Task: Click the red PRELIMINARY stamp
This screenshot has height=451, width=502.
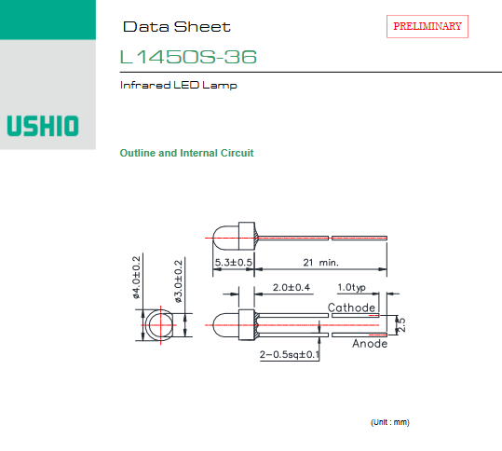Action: (x=427, y=26)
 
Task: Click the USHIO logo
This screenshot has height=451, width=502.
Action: (x=43, y=126)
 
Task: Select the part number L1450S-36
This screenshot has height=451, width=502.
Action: (x=188, y=57)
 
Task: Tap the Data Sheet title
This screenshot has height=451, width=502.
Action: (x=177, y=27)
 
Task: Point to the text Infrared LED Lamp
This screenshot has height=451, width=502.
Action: (x=178, y=85)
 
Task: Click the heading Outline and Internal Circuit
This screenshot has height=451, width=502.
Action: (x=186, y=153)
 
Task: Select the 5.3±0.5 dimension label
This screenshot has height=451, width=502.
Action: (x=234, y=263)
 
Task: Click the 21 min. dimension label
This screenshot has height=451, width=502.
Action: (x=320, y=263)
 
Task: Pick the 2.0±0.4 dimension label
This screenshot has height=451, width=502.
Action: (x=292, y=287)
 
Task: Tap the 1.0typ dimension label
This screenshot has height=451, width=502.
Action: (x=351, y=287)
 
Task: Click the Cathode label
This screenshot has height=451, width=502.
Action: (x=351, y=307)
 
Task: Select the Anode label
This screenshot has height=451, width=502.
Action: (x=370, y=344)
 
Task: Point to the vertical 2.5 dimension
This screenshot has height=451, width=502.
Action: (x=401, y=325)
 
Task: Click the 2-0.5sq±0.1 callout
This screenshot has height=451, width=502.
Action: (x=290, y=354)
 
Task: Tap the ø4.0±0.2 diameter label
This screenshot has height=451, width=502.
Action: (x=136, y=278)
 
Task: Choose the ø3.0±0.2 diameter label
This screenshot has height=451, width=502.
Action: (x=178, y=280)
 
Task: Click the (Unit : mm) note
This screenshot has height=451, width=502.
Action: (x=390, y=422)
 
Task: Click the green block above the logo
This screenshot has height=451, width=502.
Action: (x=47, y=20)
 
